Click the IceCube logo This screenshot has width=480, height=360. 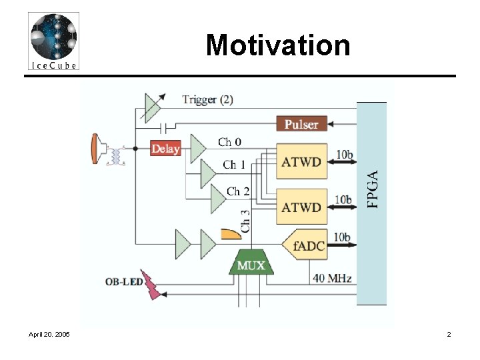[53, 41]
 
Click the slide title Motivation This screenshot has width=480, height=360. [278, 45]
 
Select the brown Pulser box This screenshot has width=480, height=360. [301, 124]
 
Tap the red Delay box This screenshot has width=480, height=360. [165, 148]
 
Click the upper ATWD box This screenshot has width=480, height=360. [301, 161]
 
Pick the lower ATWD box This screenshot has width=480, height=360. [301, 207]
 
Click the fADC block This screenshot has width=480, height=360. [305, 245]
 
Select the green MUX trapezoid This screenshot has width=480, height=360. [251, 262]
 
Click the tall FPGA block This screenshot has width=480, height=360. [371, 203]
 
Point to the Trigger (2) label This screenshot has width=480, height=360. [207, 99]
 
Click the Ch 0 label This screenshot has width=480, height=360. [229, 142]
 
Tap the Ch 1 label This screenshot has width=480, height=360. [234, 165]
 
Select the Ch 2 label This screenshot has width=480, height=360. [238, 191]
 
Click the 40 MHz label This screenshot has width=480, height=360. [332, 278]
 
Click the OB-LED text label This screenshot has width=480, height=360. [124, 281]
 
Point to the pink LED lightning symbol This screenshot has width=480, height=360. [151, 285]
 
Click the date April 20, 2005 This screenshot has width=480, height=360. [49, 334]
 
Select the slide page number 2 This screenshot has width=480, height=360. [449, 334]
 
